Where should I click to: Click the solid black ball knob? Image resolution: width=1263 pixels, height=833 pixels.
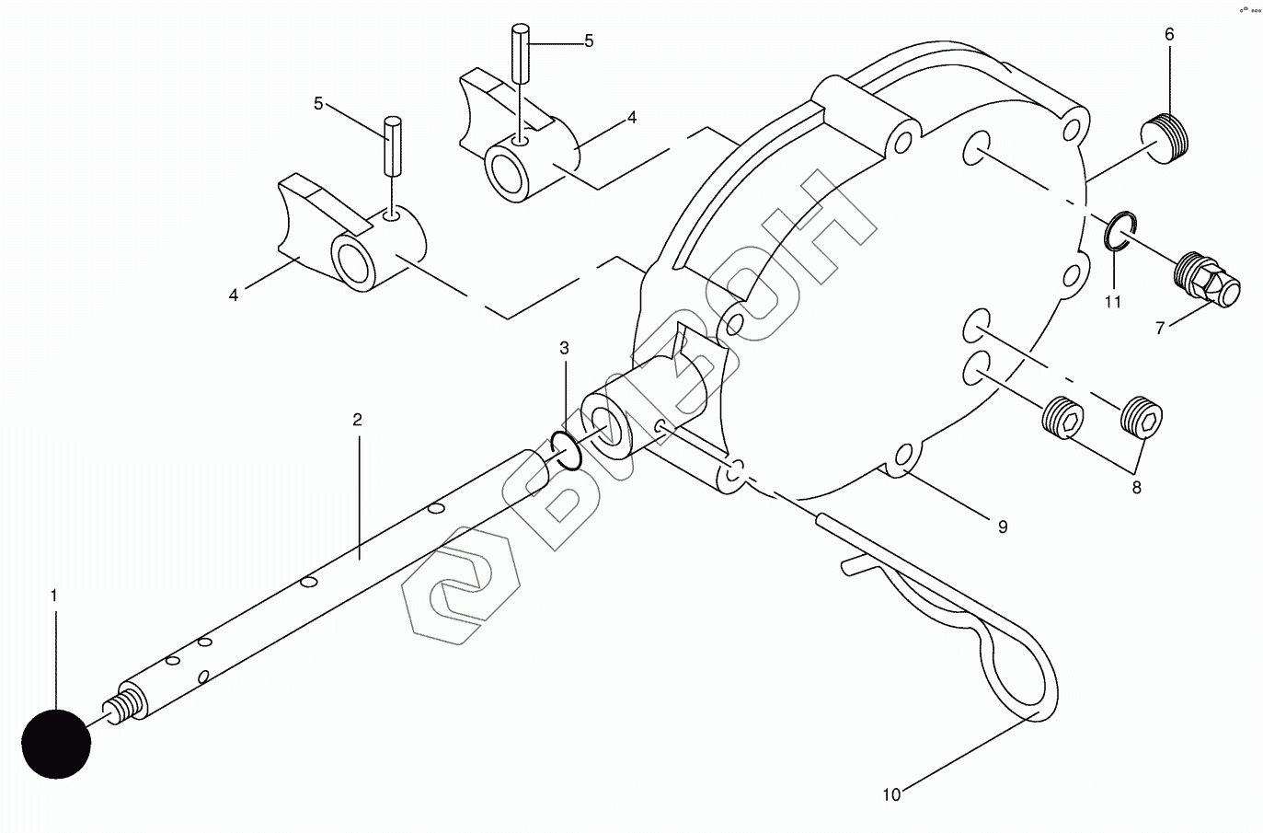pyautogui.click(x=56, y=744)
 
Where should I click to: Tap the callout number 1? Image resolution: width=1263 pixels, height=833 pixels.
pyautogui.click(x=54, y=596)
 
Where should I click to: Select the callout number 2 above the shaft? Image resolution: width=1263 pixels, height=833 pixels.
pyautogui.click(x=357, y=420)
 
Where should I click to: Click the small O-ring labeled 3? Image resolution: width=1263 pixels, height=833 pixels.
pyautogui.click(x=566, y=450)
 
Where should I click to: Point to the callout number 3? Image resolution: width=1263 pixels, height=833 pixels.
pyautogui.click(x=565, y=348)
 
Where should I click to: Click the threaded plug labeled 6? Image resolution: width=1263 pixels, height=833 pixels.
pyautogui.click(x=1165, y=139)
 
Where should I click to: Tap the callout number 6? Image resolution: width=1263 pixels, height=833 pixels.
pyautogui.click(x=1169, y=35)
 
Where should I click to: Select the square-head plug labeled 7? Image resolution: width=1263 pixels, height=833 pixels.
pyautogui.click(x=1207, y=280)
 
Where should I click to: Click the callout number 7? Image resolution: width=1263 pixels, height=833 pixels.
pyautogui.click(x=1160, y=328)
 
